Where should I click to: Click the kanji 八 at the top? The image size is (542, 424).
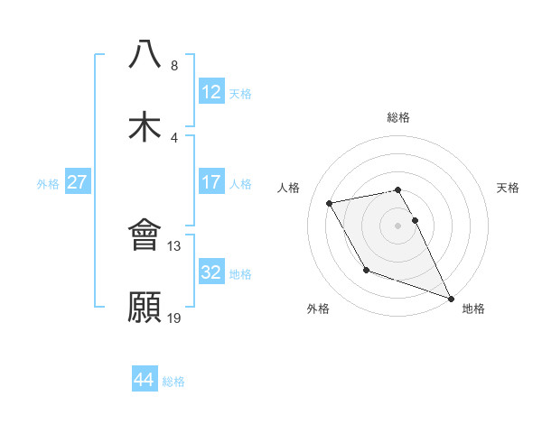click(x=145, y=53)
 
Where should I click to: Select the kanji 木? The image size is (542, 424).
click(x=145, y=126)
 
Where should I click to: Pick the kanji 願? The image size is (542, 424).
click(x=145, y=307)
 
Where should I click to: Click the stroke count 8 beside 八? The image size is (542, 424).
click(x=174, y=65)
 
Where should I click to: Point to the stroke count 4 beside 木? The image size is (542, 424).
click(x=174, y=137)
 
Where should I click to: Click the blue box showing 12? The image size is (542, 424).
click(x=210, y=91)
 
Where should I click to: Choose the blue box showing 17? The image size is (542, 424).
click(x=210, y=181)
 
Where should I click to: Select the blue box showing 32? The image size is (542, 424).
click(x=210, y=272)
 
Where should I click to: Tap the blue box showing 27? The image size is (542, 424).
click(x=77, y=181)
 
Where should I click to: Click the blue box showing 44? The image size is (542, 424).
click(x=144, y=380)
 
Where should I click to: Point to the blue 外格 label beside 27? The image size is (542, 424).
click(x=48, y=183)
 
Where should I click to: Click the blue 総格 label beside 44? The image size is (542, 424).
click(x=173, y=382)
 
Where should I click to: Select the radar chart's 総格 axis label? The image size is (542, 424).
click(x=397, y=117)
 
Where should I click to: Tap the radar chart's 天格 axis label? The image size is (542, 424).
click(x=509, y=188)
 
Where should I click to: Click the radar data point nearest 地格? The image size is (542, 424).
click(x=451, y=298)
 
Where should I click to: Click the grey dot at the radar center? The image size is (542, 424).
click(x=397, y=225)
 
